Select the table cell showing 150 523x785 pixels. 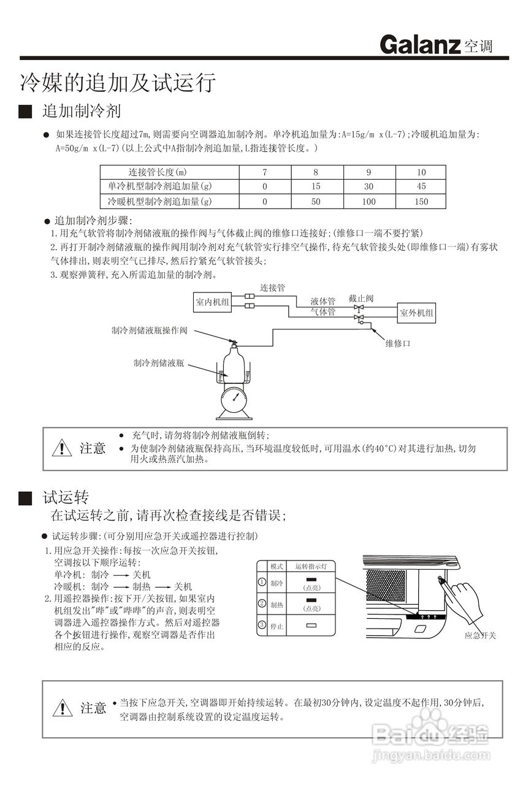pyautogui.click(x=421, y=201)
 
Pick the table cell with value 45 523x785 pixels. pyautogui.click(x=421, y=186)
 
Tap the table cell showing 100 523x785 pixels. pyautogui.click(x=368, y=201)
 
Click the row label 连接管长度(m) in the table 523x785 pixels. pyautogui.click(x=157, y=172)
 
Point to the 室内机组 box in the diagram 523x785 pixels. pyautogui.click(x=213, y=302)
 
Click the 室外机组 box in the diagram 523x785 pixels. pyautogui.click(x=417, y=313)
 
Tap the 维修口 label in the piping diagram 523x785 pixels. pyautogui.click(x=397, y=343)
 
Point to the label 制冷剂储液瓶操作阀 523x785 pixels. pyautogui.click(x=149, y=330)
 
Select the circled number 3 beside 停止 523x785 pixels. pyautogui.click(x=262, y=625)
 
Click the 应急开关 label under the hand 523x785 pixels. pyautogui.click(x=480, y=636)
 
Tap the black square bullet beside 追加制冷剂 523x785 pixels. pyautogui.click(x=25, y=112)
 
